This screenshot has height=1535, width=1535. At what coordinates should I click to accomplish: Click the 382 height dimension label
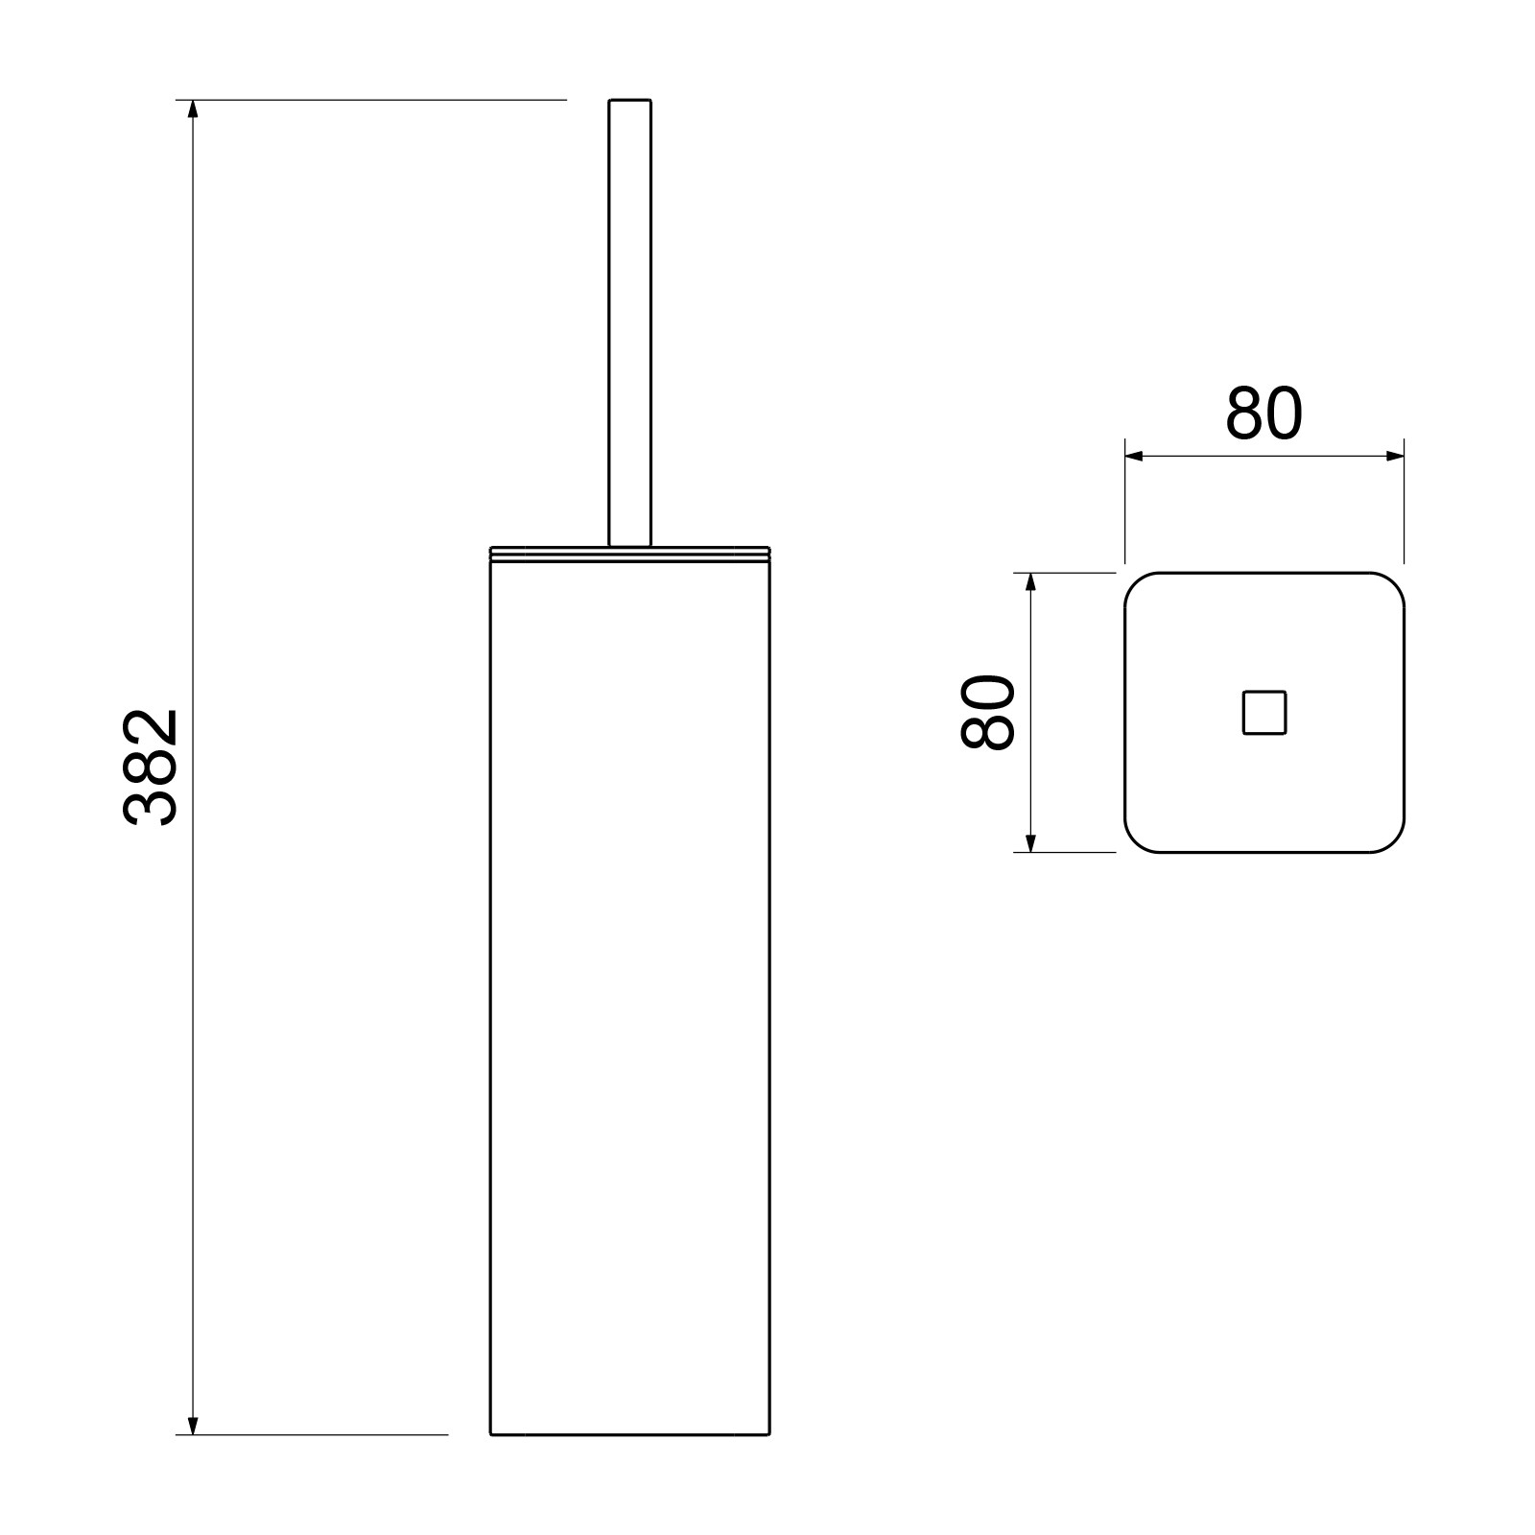pyautogui.click(x=151, y=767)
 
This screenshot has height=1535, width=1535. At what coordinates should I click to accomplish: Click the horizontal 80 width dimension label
pyautogui.click(x=1263, y=413)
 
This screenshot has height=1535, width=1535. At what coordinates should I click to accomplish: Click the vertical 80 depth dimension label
pyautogui.click(x=987, y=712)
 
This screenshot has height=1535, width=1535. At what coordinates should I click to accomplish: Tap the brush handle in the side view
pyautogui.click(x=630, y=323)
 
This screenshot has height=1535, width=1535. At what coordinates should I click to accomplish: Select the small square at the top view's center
pyautogui.click(x=1264, y=713)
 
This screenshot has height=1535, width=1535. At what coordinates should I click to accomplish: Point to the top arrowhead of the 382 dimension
pyautogui.click(x=193, y=108)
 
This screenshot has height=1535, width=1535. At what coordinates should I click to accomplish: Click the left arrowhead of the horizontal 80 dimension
pyautogui.click(x=1135, y=457)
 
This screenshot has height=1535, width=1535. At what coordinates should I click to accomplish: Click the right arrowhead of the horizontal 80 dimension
pyautogui.click(x=1394, y=457)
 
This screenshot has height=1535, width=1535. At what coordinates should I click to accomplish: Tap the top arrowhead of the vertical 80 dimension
pyautogui.click(x=1030, y=582)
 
